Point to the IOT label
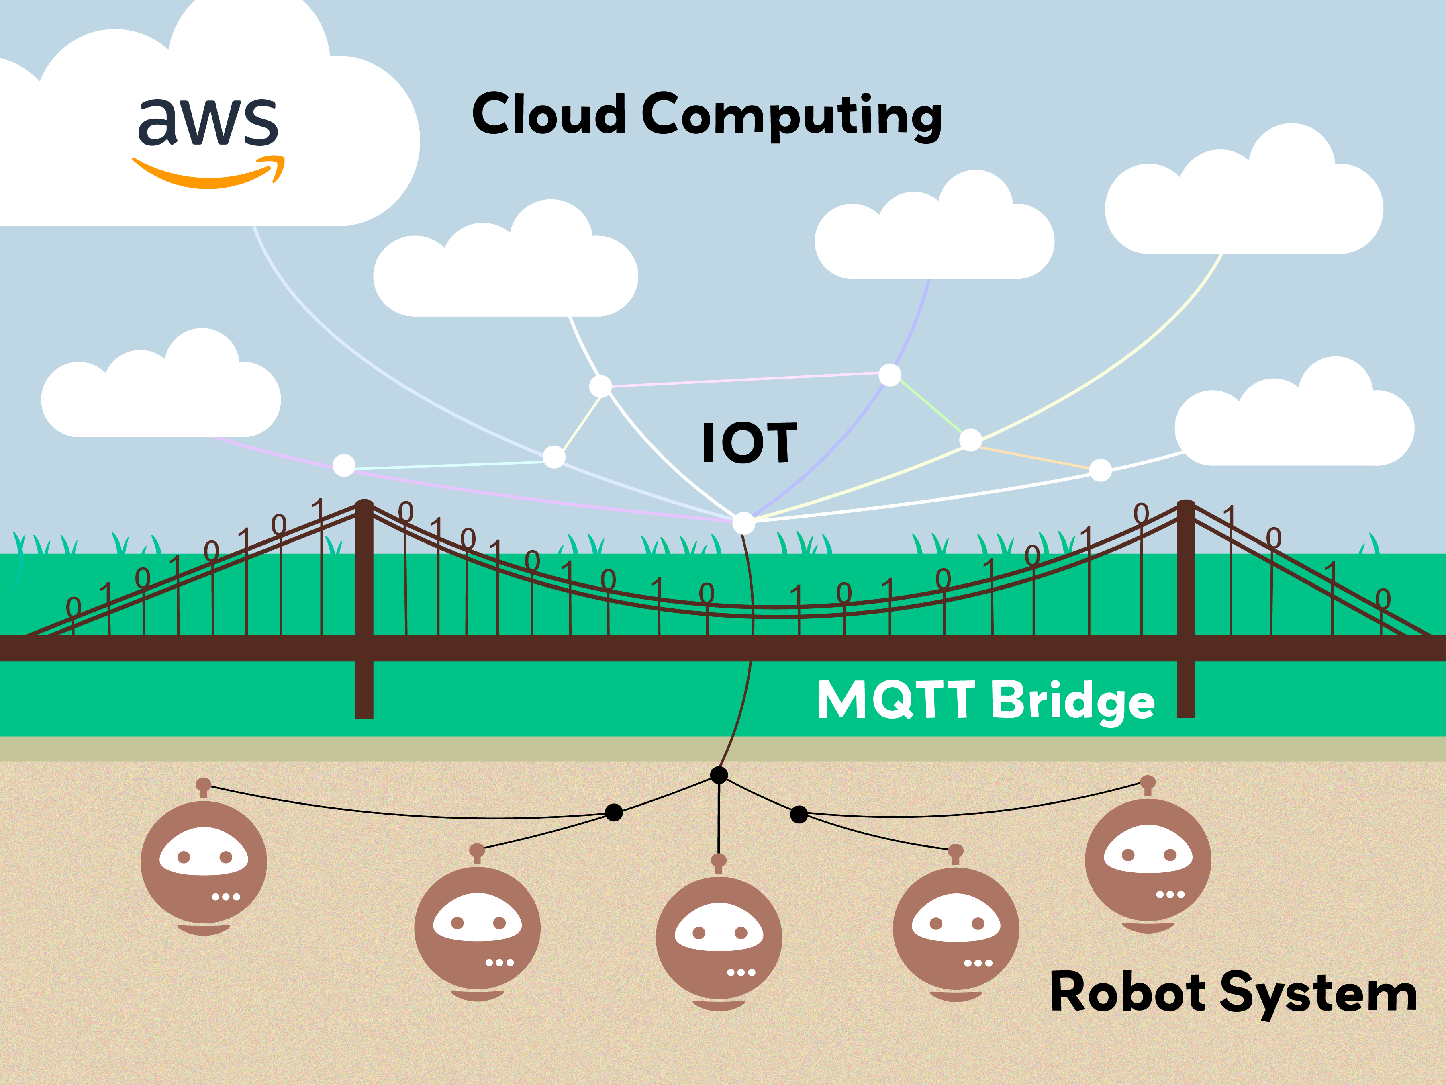coord(749,443)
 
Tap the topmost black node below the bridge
coord(719,776)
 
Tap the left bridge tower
coord(364,608)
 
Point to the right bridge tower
coord(1186,608)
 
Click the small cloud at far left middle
coord(161,392)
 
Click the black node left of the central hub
coord(614,812)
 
